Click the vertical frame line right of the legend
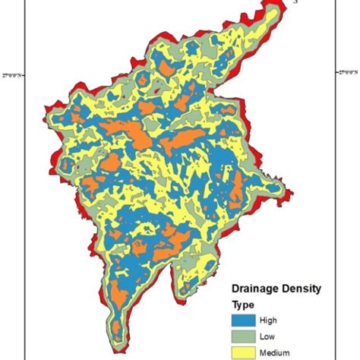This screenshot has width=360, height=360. click(334, 319)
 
